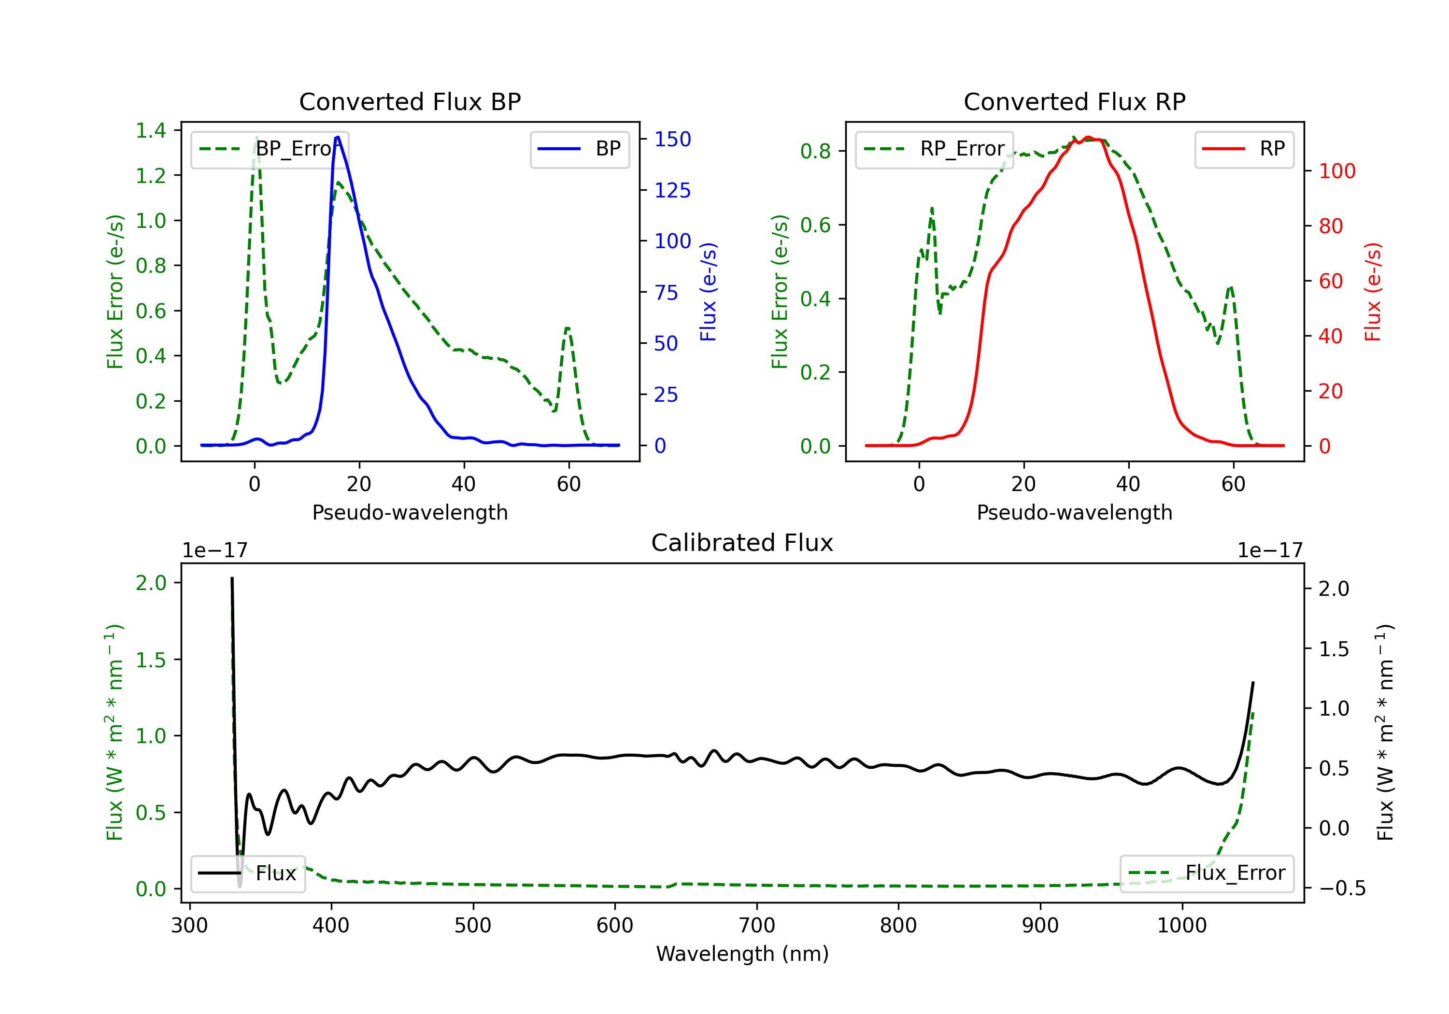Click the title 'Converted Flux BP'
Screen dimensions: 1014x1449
(x=410, y=101)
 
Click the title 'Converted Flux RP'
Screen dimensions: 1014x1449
(x=1074, y=101)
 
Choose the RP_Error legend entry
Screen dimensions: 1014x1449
(x=934, y=149)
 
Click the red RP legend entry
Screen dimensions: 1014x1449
(x=1244, y=149)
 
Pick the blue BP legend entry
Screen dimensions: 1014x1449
(x=579, y=149)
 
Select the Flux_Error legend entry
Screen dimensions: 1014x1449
(x=1207, y=873)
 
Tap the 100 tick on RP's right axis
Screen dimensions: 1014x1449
(x=1336, y=171)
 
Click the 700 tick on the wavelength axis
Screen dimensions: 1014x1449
(x=757, y=926)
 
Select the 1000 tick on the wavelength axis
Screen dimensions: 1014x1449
(x=1181, y=926)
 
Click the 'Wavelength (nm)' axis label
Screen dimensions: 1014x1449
(x=742, y=954)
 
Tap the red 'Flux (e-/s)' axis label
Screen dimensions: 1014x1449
(x=1373, y=292)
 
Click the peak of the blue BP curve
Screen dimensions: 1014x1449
(x=338, y=137)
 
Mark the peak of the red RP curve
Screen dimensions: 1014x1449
(x=1088, y=138)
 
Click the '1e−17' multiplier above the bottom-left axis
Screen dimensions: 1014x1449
(x=214, y=551)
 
